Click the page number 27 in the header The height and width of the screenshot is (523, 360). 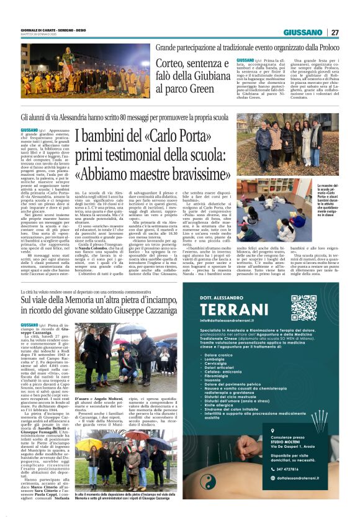click(335, 32)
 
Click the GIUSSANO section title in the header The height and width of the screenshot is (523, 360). click(303, 32)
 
